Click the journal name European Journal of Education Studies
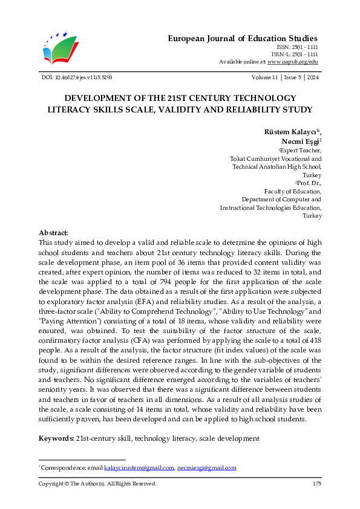[x=242, y=39]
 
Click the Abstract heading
[x=53, y=233]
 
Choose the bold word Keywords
[x=56, y=437]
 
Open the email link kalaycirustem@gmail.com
[x=139, y=468]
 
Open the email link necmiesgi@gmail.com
[x=206, y=468]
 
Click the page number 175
[x=316, y=484]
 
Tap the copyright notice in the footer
[x=97, y=484]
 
